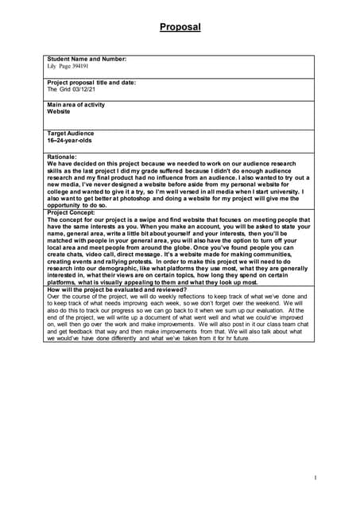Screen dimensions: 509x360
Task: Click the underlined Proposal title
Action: (x=180, y=27)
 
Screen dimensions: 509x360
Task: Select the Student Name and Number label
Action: (x=87, y=60)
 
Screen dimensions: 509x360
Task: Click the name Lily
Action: (x=53, y=67)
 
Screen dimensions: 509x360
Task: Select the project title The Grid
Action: (x=60, y=90)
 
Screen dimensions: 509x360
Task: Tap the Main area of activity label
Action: (x=75, y=105)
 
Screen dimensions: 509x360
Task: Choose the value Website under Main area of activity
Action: (x=59, y=112)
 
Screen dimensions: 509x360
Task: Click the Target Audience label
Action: (x=71, y=134)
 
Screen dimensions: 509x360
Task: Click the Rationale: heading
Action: (x=62, y=158)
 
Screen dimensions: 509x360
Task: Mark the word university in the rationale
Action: (x=284, y=192)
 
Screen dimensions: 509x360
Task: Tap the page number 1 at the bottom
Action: (x=315, y=477)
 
